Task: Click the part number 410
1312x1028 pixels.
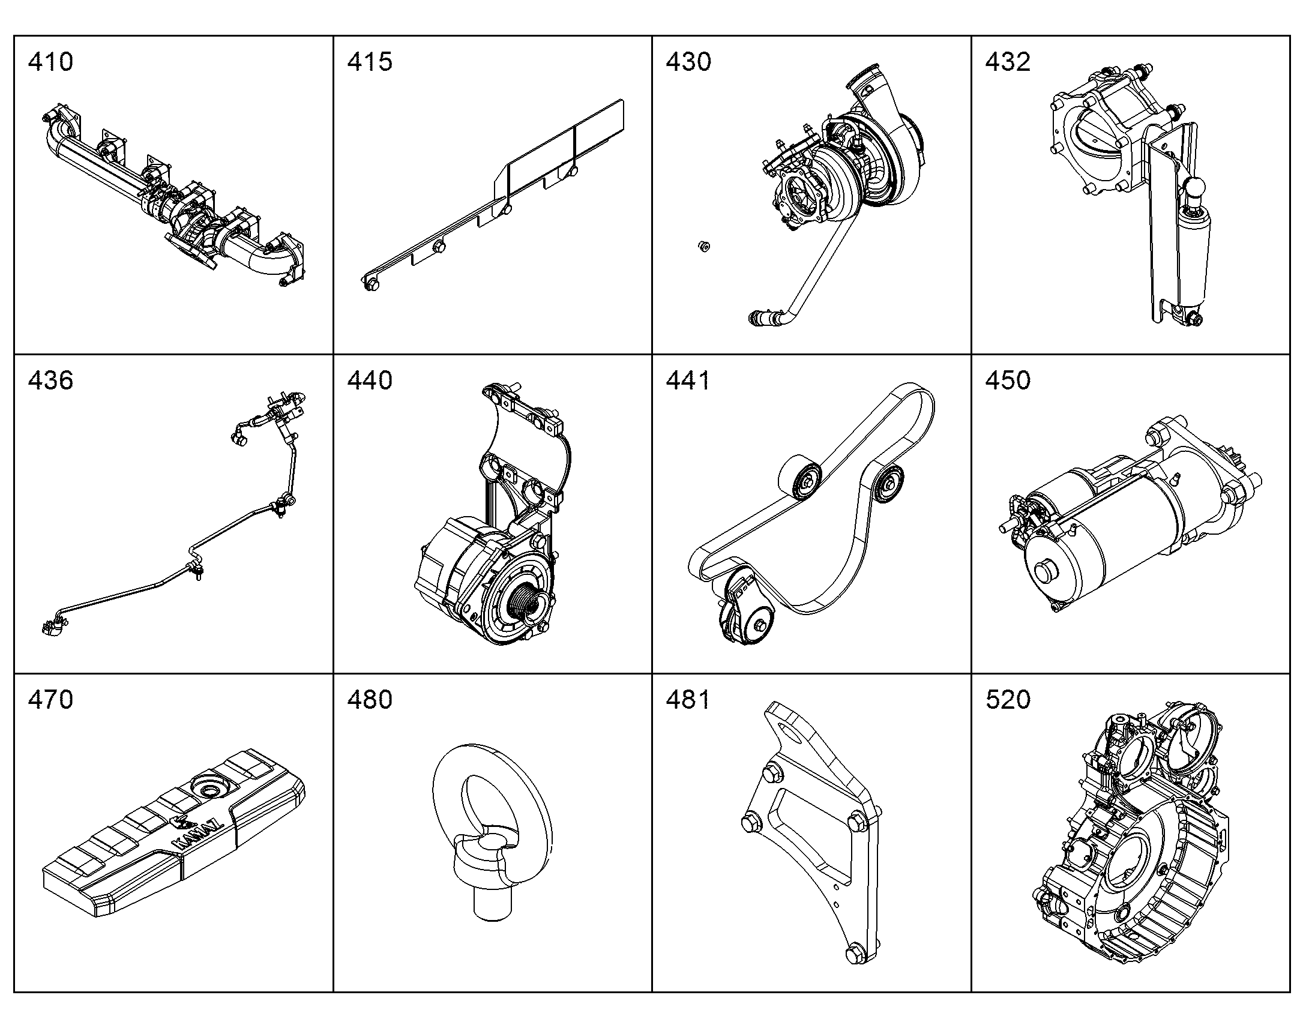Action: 50,62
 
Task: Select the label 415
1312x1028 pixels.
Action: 370,62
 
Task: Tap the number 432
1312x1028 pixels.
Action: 1008,62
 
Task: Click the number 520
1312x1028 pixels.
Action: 1008,699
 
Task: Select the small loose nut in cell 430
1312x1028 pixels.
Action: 702,245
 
